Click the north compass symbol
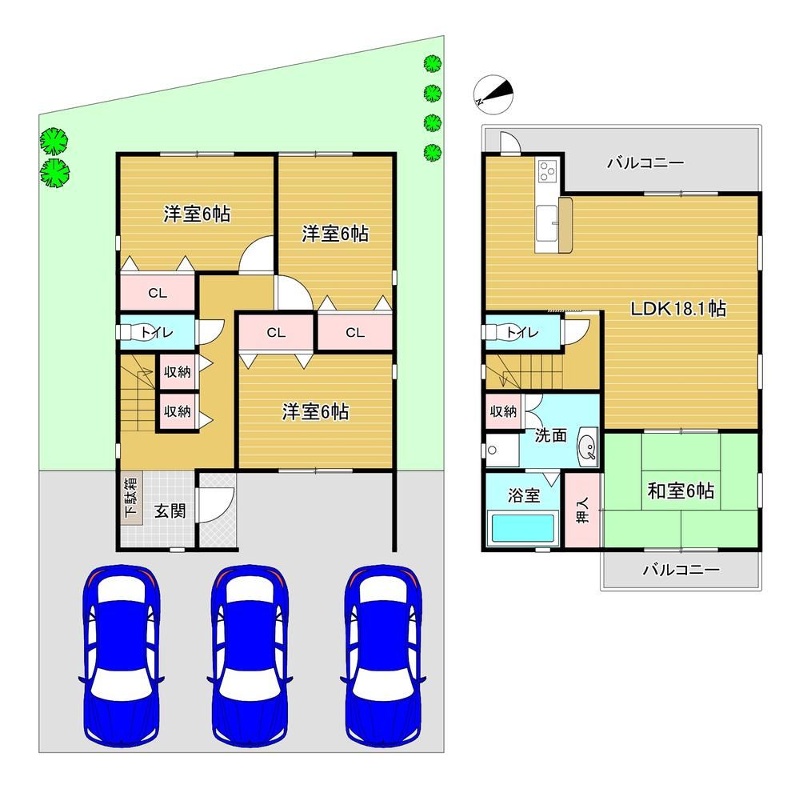pos(493,94)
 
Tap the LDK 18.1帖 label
pos(678,309)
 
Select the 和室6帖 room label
pos(681,491)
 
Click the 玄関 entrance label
pos(170,511)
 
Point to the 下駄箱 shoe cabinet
pos(131,496)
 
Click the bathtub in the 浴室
pos(522,527)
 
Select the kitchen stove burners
pos(548,170)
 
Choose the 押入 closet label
pos(582,511)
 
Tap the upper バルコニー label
pos(645,163)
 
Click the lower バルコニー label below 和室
pos(681,569)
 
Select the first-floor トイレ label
pos(157,333)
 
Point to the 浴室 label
pos(523,495)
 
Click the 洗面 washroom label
pos(551,435)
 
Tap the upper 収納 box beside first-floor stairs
pos(177,371)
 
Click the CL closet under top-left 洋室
pos(158,292)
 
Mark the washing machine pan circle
pos(492,450)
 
